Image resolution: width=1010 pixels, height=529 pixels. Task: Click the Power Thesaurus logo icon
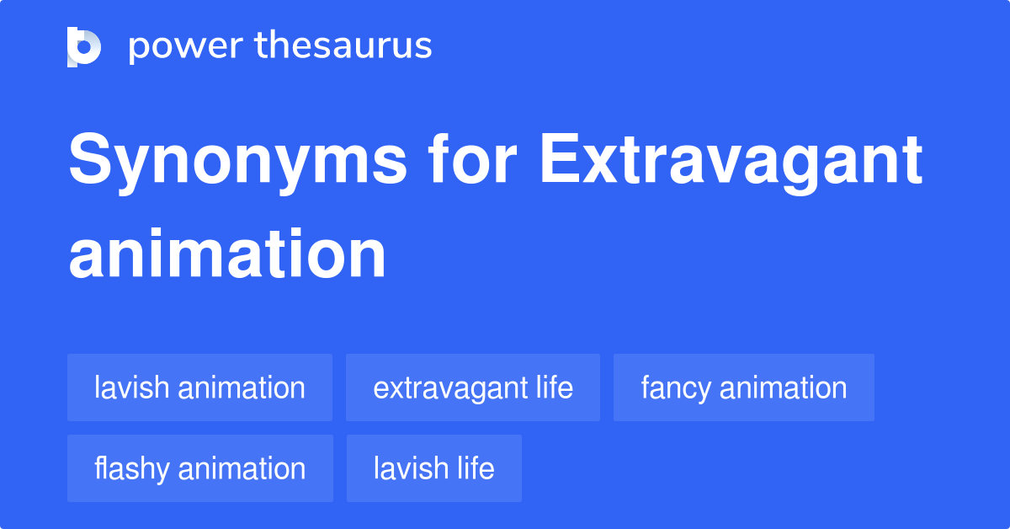(x=84, y=46)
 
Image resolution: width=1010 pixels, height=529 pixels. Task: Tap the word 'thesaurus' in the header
(x=343, y=46)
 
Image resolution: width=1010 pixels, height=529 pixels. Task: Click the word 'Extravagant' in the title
(x=731, y=162)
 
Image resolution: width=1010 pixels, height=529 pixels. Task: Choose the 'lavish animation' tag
(x=199, y=387)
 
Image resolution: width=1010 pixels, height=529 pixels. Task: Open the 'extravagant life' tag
(x=473, y=387)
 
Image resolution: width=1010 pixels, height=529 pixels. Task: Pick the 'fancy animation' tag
(x=744, y=387)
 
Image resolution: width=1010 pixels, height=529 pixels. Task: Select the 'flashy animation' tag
(x=200, y=468)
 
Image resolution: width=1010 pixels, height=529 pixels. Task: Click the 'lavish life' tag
(x=434, y=468)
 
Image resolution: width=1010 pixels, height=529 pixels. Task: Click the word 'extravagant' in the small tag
(x=450, y=388)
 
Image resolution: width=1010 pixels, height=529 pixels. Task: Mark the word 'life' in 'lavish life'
(x=476, y=468)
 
